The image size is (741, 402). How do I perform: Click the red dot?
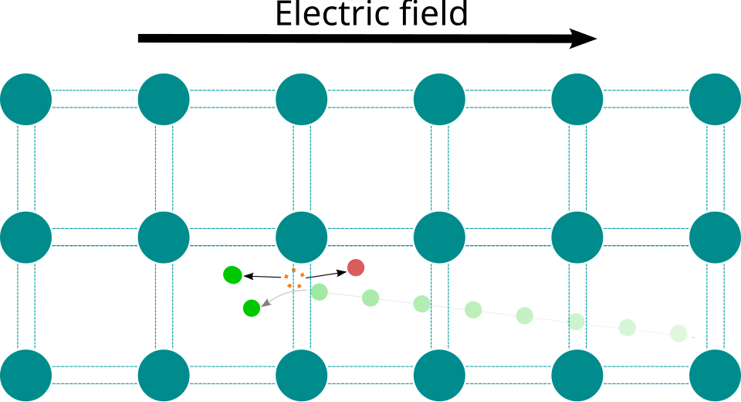pyautogui.click(x=356, y=267)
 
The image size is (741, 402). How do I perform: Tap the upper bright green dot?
pyautogui.click(x=232, y=275)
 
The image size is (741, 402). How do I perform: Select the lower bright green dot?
pyautogui.click(x=252, y=308)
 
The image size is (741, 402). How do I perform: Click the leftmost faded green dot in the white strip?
pyautogui.click(x=320, y=292)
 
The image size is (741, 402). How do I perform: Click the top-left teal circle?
pyautogui.click(x=25, y=100)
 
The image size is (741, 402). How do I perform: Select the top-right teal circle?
pyautogui.click(x=715, y=100)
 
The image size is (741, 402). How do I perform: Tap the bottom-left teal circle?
pyautogui.click(x=25, y=376)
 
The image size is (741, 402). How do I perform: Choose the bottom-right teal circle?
pyautogui.click(x=715, y=376)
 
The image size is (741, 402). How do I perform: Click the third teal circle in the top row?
pyautogui.click(x=302, y=100)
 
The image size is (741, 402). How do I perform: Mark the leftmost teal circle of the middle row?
pyautogui.click(x=25, y=237)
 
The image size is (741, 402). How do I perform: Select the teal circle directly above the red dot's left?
pyautogui.click(x=302, y=237)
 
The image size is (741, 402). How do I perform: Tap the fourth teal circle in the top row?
pyautogui.click(x=439, y=100)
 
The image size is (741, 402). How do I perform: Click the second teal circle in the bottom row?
pyautogui.click(x=164, y=376)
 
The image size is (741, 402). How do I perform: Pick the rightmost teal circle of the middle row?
pyautogui.click(x=715, y=237)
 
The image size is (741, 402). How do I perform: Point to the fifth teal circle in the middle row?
pyautogui.click(x=577, y=237)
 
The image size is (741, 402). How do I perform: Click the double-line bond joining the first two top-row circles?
pyautogui.click(x=94, y=100)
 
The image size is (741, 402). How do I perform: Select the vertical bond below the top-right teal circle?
pyautogui.click(x=715, y=169)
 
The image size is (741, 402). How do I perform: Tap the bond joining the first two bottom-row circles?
pyautogui.click(x=94, y=376)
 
